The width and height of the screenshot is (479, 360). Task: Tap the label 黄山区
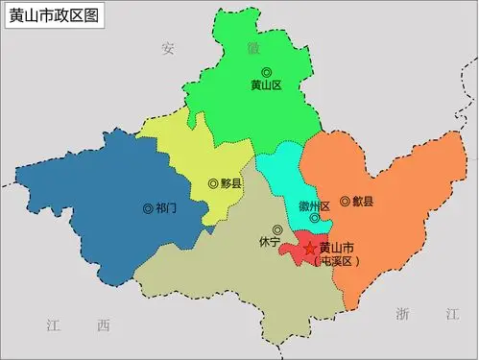266,85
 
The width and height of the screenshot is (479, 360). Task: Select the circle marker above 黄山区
266,71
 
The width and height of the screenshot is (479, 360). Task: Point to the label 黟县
230,183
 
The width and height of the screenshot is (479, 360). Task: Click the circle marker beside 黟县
212,183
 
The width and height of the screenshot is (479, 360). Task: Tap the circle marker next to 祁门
147,207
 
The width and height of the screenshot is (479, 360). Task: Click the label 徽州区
315,206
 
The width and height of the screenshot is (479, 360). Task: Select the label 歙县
363,202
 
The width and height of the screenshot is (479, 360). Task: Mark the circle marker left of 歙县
345,202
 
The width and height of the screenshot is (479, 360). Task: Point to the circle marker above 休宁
277,229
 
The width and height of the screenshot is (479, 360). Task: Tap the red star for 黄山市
309,249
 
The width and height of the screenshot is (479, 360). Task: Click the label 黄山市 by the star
337,248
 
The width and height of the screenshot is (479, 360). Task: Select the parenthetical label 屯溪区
337,261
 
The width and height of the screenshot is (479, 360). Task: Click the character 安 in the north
169,47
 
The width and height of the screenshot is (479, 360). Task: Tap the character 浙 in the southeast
402,314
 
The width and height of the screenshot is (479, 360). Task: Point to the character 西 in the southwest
103,326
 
